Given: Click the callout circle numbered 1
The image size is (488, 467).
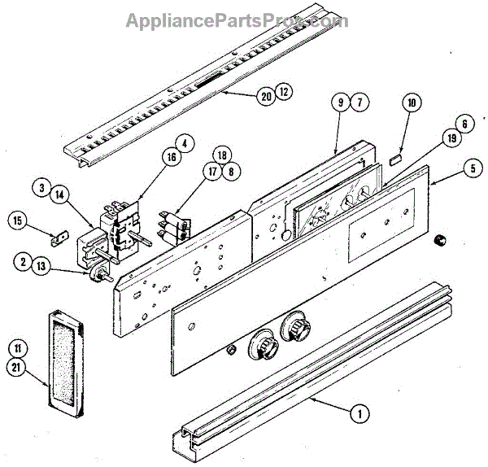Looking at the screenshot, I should [x=355, y=413].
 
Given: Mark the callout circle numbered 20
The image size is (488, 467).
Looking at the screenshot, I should [x=265, y=95].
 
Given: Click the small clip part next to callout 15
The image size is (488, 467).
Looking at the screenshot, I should [x=58, y=240].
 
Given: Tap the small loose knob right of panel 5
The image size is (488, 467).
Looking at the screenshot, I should [x=442, y=239].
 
